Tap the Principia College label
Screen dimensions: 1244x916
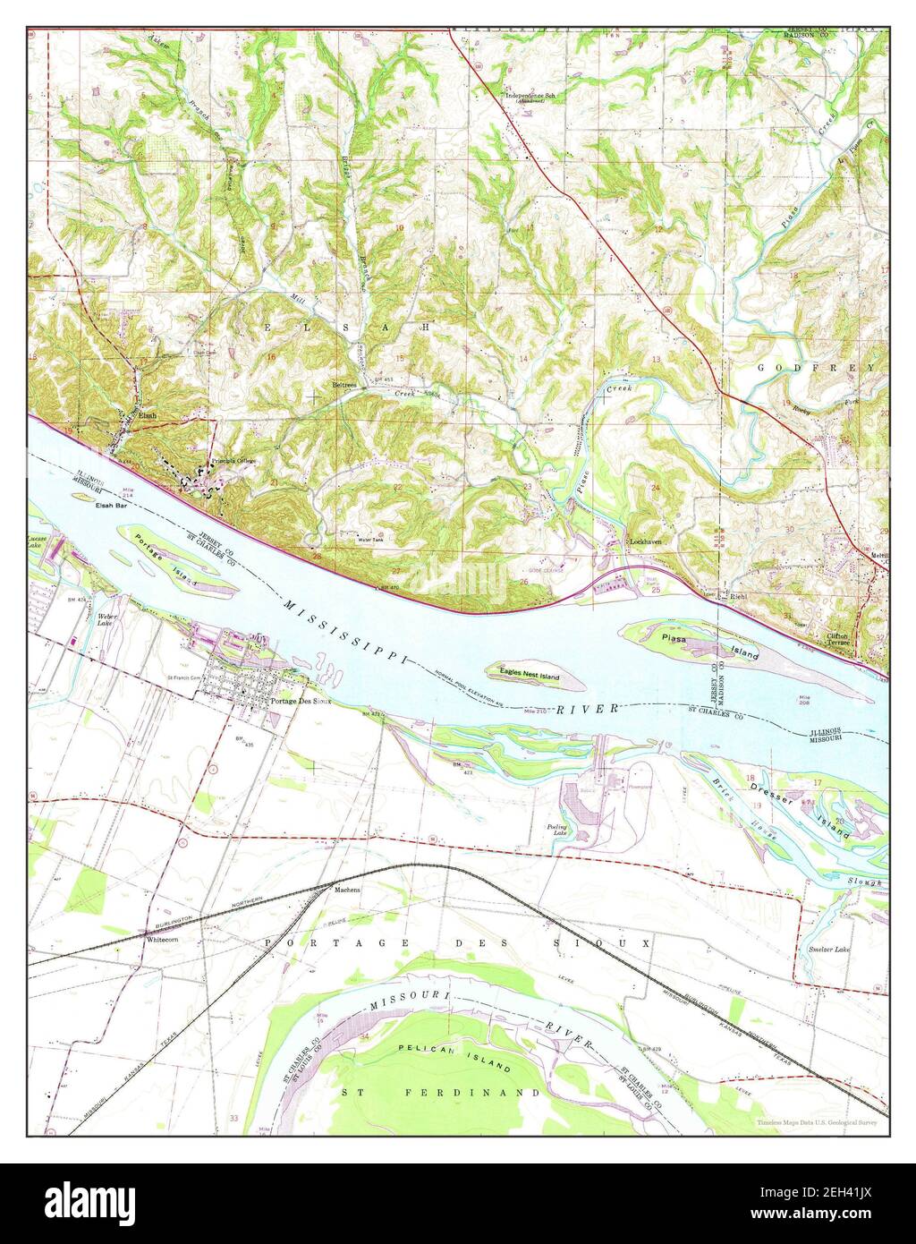point(227,463)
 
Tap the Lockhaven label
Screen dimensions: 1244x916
point(645,543)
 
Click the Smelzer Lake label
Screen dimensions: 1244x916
point(828,949)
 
